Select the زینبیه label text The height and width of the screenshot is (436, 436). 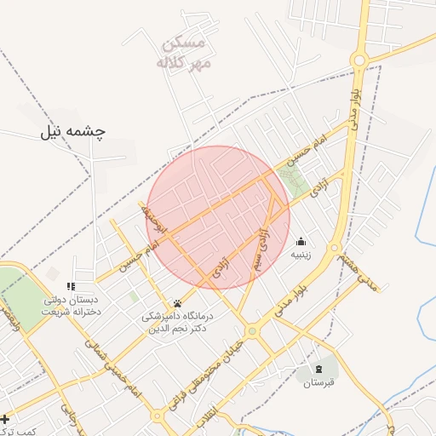(301, 254)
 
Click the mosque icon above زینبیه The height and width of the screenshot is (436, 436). (301, 241)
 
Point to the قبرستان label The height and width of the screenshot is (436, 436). (318, 382)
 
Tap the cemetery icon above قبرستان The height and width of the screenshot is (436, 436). (318, 369)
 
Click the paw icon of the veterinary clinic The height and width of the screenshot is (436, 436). (177, 303)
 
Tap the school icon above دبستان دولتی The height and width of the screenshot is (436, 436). (71, 286)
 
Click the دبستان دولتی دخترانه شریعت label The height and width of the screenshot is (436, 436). (71, 307)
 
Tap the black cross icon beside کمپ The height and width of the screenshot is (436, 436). (5, 419)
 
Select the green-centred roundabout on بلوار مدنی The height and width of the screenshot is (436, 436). (252, 330)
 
